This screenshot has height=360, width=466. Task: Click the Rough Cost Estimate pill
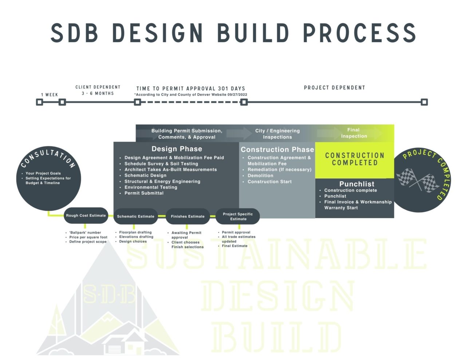(86, 215)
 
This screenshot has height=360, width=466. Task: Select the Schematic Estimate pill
(135, 216)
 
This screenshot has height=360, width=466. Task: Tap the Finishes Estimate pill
(187, 216)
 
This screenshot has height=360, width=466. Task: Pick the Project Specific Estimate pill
(238, 216)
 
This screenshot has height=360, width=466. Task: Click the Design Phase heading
(177, 149)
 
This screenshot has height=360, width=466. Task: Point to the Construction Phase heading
(277, 150)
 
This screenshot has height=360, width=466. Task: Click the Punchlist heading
(356, 184)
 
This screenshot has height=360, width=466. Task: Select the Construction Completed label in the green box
(355, 159)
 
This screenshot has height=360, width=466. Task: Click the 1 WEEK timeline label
(50, 95)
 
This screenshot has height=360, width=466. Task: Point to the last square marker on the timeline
(424, 102)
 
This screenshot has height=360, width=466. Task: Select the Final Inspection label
(354, 133)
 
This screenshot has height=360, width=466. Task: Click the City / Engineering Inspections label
(277, 134)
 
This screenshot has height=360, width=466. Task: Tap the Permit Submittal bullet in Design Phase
(144, 193)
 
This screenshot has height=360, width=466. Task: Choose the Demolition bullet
(260, 175)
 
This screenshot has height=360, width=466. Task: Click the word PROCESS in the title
(360, 33)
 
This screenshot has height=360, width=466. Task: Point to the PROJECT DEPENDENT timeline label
(334, 88)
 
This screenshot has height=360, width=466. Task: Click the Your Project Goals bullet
(43, 173)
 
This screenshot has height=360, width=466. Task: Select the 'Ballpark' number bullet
(85, 232)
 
